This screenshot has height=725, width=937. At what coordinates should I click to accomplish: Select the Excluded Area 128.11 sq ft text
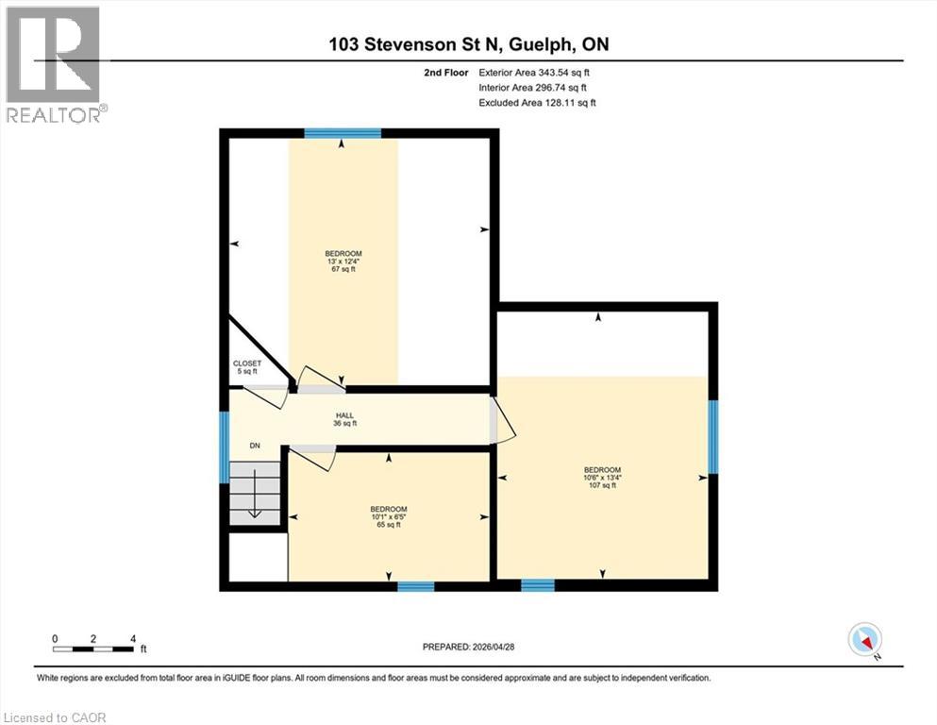537,102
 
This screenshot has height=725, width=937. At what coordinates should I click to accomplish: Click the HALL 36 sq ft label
343,419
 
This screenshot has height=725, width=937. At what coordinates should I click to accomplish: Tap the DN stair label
255,446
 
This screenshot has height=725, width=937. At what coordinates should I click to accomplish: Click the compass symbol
865,640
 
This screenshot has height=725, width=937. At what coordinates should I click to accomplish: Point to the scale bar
93,648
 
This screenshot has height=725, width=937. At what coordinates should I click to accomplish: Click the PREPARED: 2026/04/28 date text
468,647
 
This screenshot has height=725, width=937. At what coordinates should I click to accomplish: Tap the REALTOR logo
54,63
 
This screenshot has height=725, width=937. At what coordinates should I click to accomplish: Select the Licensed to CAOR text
55,717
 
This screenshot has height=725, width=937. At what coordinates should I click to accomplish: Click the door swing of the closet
271,396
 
